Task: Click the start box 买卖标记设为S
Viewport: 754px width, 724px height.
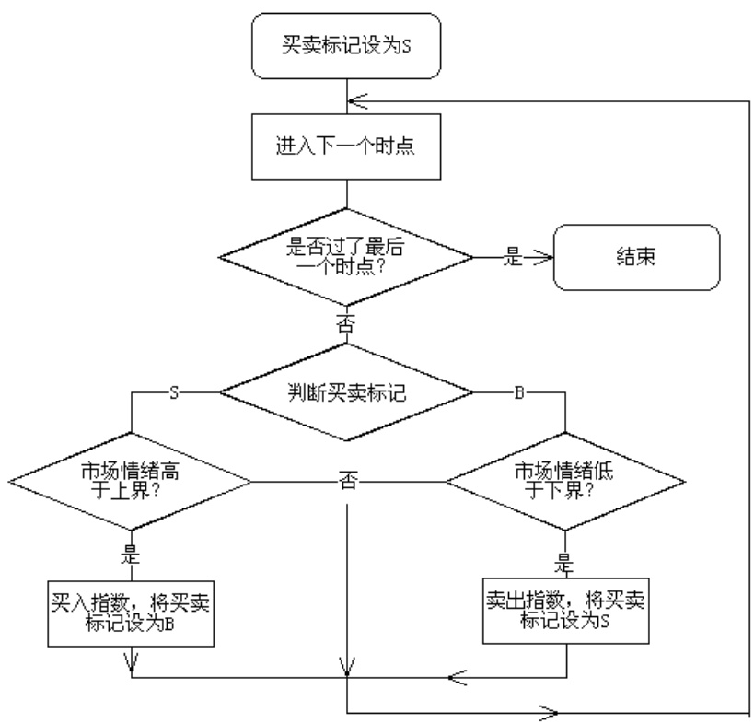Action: coord(345,43)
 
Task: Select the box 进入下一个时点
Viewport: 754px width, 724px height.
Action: coord(345,146)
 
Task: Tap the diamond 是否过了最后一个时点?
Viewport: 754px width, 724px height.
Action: coord(345,255)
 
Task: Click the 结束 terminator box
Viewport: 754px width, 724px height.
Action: coord(635,257)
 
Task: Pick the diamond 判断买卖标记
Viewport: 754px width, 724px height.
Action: coord(345,391)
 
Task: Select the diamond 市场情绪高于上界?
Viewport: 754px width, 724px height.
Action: coord(130,481)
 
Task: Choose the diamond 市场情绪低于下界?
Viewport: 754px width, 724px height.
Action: coord(564,481)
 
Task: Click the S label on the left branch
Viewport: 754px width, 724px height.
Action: coord(174,392)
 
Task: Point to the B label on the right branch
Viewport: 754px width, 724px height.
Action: coord(518,392)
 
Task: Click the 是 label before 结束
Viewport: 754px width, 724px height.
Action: coord(512,258)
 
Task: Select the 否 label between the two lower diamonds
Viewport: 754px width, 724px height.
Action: coord(348,481)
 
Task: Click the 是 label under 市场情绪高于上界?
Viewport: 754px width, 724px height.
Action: coord(129,556)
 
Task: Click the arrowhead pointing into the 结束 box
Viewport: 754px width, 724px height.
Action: coord(542,258)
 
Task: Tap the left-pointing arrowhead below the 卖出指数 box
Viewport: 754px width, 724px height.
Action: coord(456,678)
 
